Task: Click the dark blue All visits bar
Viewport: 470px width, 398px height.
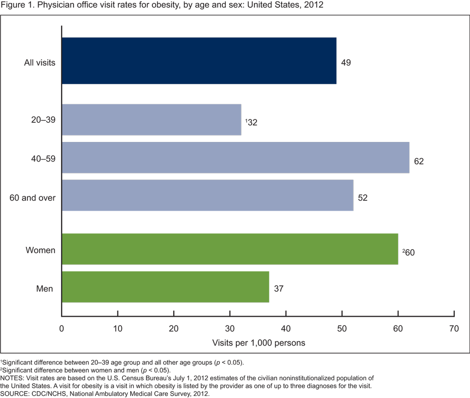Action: [x=199, y=61]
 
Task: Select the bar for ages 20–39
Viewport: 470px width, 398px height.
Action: [x=151, y=119]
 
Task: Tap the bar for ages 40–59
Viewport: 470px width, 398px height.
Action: [x=235, y=157]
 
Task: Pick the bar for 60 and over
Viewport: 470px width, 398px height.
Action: [x=207, y=195]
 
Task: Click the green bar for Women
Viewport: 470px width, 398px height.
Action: [x=230, y=249]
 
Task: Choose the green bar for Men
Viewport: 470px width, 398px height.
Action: [x=165, y=287]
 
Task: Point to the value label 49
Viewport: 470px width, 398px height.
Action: [x=346, y=63]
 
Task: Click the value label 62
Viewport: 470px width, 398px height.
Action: [x=419, y=161]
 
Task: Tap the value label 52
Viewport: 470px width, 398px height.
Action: [x=362, y=198]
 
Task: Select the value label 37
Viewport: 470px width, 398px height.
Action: [x=279, y=289]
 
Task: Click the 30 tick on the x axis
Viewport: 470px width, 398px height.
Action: [x=230, y=328]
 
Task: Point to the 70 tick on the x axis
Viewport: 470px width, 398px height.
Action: [x=454, y=328]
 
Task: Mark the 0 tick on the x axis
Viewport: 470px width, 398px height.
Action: [x=62, y=328]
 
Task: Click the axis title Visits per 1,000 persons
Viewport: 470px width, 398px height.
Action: [x=259, y=343]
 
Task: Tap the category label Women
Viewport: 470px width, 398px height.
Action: [x=41, y=250]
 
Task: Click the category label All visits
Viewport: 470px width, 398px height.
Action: [x=40, y=63]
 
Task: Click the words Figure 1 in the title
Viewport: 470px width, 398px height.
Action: [x=19, y=5]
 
